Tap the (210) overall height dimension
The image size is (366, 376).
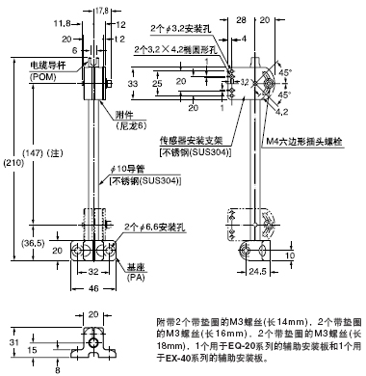pyautogui.click(x=9, y=164)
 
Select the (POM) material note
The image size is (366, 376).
pyautogui.click(x=37, y=75)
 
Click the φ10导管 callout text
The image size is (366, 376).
pyautogui.click(x=130, y=171)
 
